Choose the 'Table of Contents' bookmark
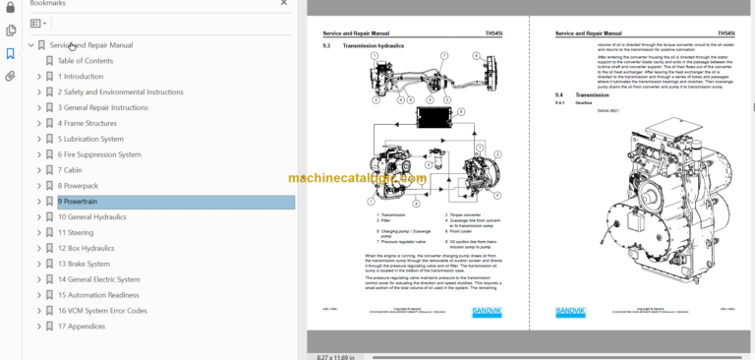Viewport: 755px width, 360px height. pyautogui.click(x=86, y=61)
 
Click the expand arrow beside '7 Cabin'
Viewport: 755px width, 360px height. pyautogui.click(x=38, y=170)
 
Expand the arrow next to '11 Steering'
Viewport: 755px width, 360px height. pyautogui.click(x=38, y=232)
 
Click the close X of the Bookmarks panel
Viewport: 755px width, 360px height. pyautogui.click(x=283, y=3)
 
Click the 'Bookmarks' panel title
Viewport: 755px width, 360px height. pyautogui.click(x=48, y=4)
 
